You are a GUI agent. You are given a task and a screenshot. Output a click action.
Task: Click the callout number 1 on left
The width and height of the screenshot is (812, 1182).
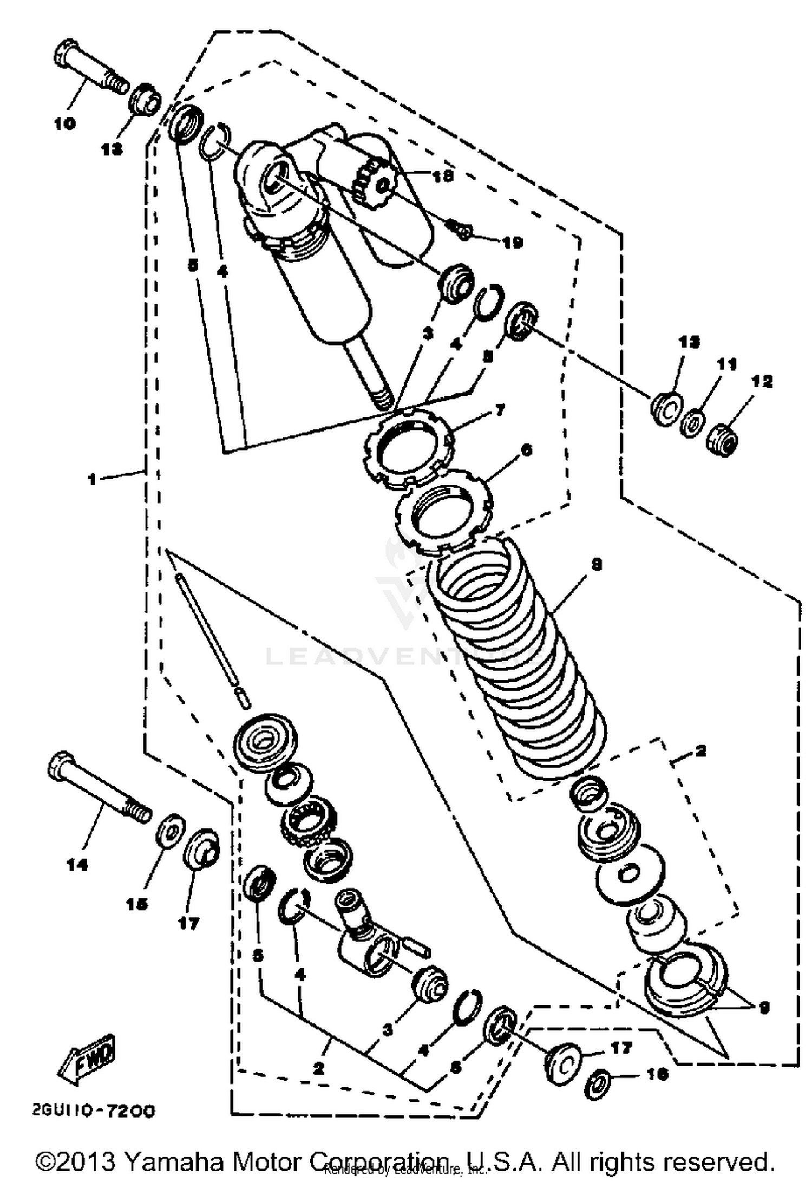click(x=93, y=479)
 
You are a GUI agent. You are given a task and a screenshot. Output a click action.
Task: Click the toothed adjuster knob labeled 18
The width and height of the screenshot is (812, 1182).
click(x=373, y=185)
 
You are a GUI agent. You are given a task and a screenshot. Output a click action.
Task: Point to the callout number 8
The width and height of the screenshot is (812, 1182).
click(x=595, y=565)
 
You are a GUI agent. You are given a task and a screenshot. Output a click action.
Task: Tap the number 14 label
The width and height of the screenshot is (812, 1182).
click(x=77, y=866)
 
